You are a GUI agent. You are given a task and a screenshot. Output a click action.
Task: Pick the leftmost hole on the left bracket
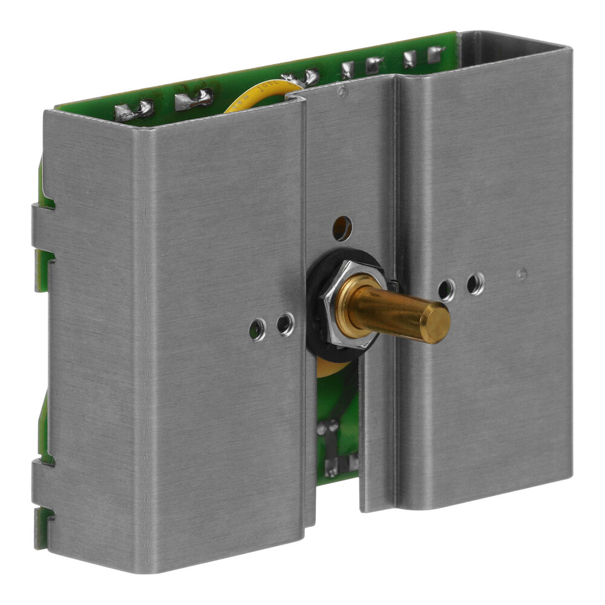[257, 329]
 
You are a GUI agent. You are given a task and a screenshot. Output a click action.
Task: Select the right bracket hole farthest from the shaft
[476, 283]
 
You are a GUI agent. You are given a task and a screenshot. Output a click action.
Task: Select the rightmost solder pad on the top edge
[435, 55]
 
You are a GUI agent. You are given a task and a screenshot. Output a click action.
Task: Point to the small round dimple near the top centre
[343, 93]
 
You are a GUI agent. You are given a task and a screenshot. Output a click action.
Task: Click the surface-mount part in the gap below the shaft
[332, 448]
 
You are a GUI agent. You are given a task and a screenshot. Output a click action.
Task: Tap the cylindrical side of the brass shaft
[387, 312]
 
